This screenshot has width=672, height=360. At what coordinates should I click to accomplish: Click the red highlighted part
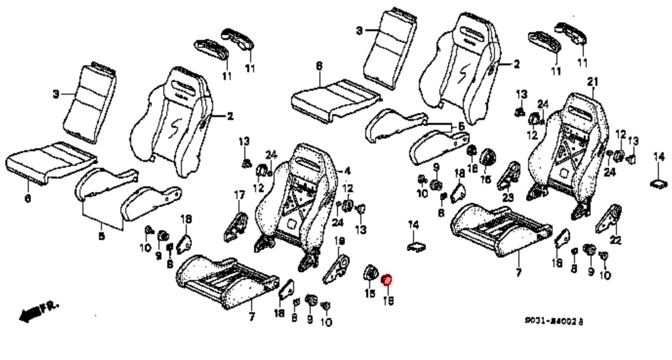pos(386,280)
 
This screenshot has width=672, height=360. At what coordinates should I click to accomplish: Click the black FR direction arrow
pos(30,314)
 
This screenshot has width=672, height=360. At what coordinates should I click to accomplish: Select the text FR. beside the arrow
pos(49,307)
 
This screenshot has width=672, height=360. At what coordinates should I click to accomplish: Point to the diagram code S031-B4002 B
pos(553,321)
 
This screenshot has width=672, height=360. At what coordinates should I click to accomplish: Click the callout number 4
pos(347,171)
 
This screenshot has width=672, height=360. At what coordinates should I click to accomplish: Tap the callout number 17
pos(239,196)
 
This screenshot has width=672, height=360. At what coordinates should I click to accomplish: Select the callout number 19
pos(340,240)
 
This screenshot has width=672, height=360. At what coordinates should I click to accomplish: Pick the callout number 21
pos(593,81)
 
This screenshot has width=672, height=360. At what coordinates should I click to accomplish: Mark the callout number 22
pos(615,240)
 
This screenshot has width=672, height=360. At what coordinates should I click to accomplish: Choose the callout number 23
pos(508,198)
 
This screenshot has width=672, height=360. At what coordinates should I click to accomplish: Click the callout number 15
pos(369,294)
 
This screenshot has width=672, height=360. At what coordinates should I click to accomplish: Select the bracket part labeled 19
pos(338,268)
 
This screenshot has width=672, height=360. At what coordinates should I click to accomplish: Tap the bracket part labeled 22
pos(609,219)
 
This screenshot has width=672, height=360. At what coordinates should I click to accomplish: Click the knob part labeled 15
pos(370,273)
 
